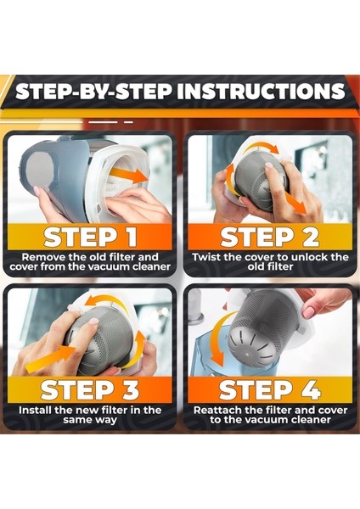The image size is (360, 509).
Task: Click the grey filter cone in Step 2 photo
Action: pyautogui.click(x=259, y=178)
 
